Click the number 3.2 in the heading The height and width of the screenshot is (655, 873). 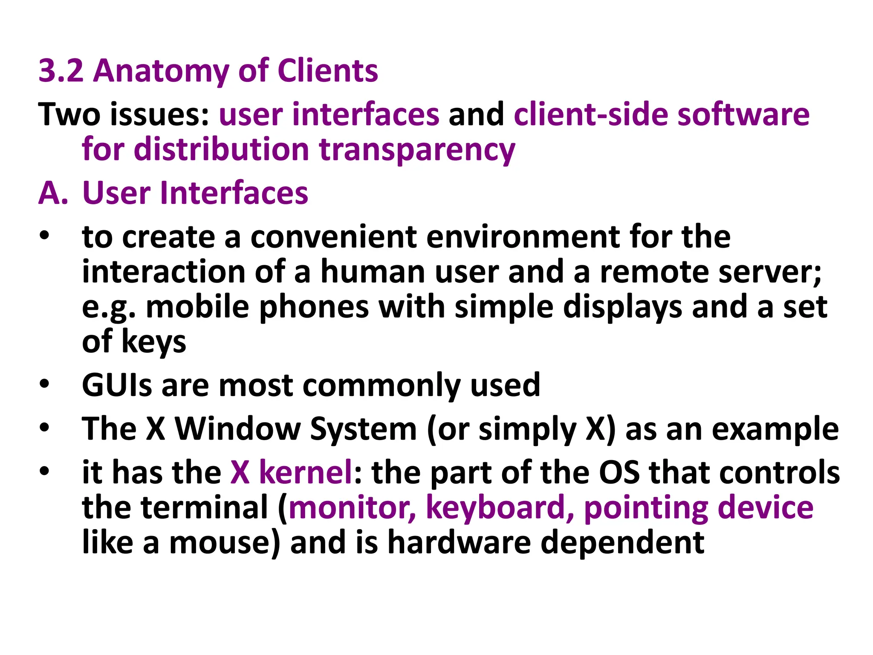pos(61,71)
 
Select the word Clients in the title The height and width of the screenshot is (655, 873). pos(327,71)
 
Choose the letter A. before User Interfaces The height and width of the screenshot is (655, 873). pos(53,193)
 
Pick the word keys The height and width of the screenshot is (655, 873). pos(154,342)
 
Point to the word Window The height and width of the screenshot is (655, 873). pos(238,429)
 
